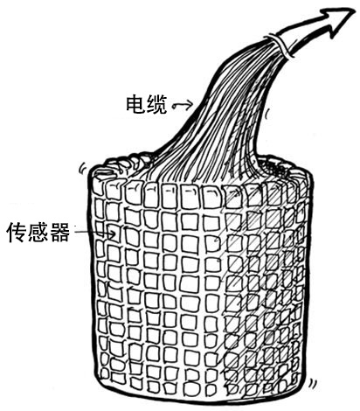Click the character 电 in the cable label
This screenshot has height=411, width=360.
coord(135,104)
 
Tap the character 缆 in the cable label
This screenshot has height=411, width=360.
coord(157,104)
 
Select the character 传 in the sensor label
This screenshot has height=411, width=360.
coord(17,233)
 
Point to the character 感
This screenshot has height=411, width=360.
coord(38,233)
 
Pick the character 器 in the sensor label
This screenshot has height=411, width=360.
coord(60,233)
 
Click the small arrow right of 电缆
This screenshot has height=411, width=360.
coord(183,106)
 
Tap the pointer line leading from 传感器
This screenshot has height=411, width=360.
coord(94,233)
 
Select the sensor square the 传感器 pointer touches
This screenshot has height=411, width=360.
coord(114,234)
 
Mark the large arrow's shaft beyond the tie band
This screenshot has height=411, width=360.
coord(303,37)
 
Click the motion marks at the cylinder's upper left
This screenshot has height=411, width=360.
coord(83,168)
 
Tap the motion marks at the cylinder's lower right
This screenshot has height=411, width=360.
coord(313,383)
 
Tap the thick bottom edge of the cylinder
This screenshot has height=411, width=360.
coord(201,401)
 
